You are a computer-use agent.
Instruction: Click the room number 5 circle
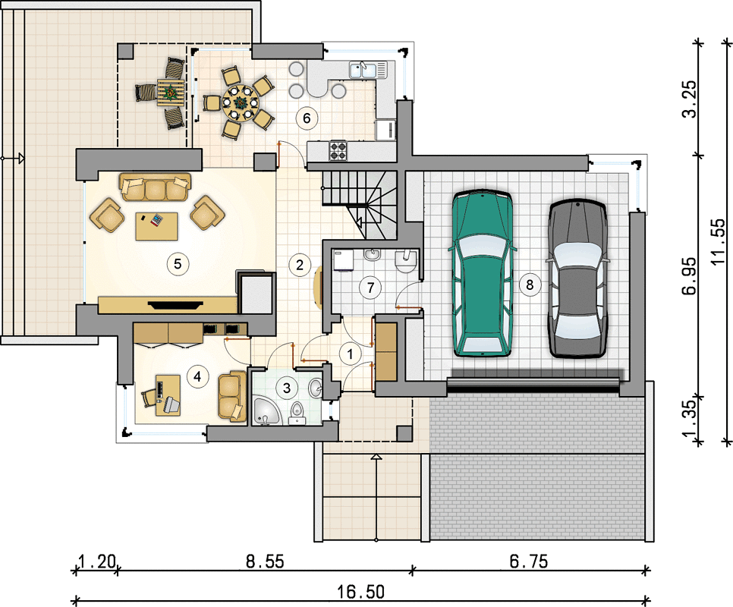(178, 264)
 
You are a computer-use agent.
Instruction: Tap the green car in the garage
(483, 273)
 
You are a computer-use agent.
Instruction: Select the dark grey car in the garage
(577, 278)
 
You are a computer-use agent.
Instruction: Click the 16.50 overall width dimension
(361, 592)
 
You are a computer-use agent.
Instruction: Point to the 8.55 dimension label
(265, 561)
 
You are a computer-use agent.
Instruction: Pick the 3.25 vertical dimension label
(689, 99)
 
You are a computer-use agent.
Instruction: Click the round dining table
(240, 102)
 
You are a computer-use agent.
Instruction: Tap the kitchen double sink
(368, 70)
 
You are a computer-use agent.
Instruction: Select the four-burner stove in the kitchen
(338, 150)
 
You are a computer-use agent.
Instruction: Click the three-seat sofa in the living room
(156, 187)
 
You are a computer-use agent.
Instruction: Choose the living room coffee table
(156, 226)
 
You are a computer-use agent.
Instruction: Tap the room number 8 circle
(530, 285)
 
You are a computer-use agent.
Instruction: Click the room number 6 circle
(307, 118)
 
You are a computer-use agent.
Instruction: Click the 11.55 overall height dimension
(719, 241)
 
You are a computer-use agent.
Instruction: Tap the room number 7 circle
(371, 288)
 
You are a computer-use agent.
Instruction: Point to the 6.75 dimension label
(529, 561)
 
